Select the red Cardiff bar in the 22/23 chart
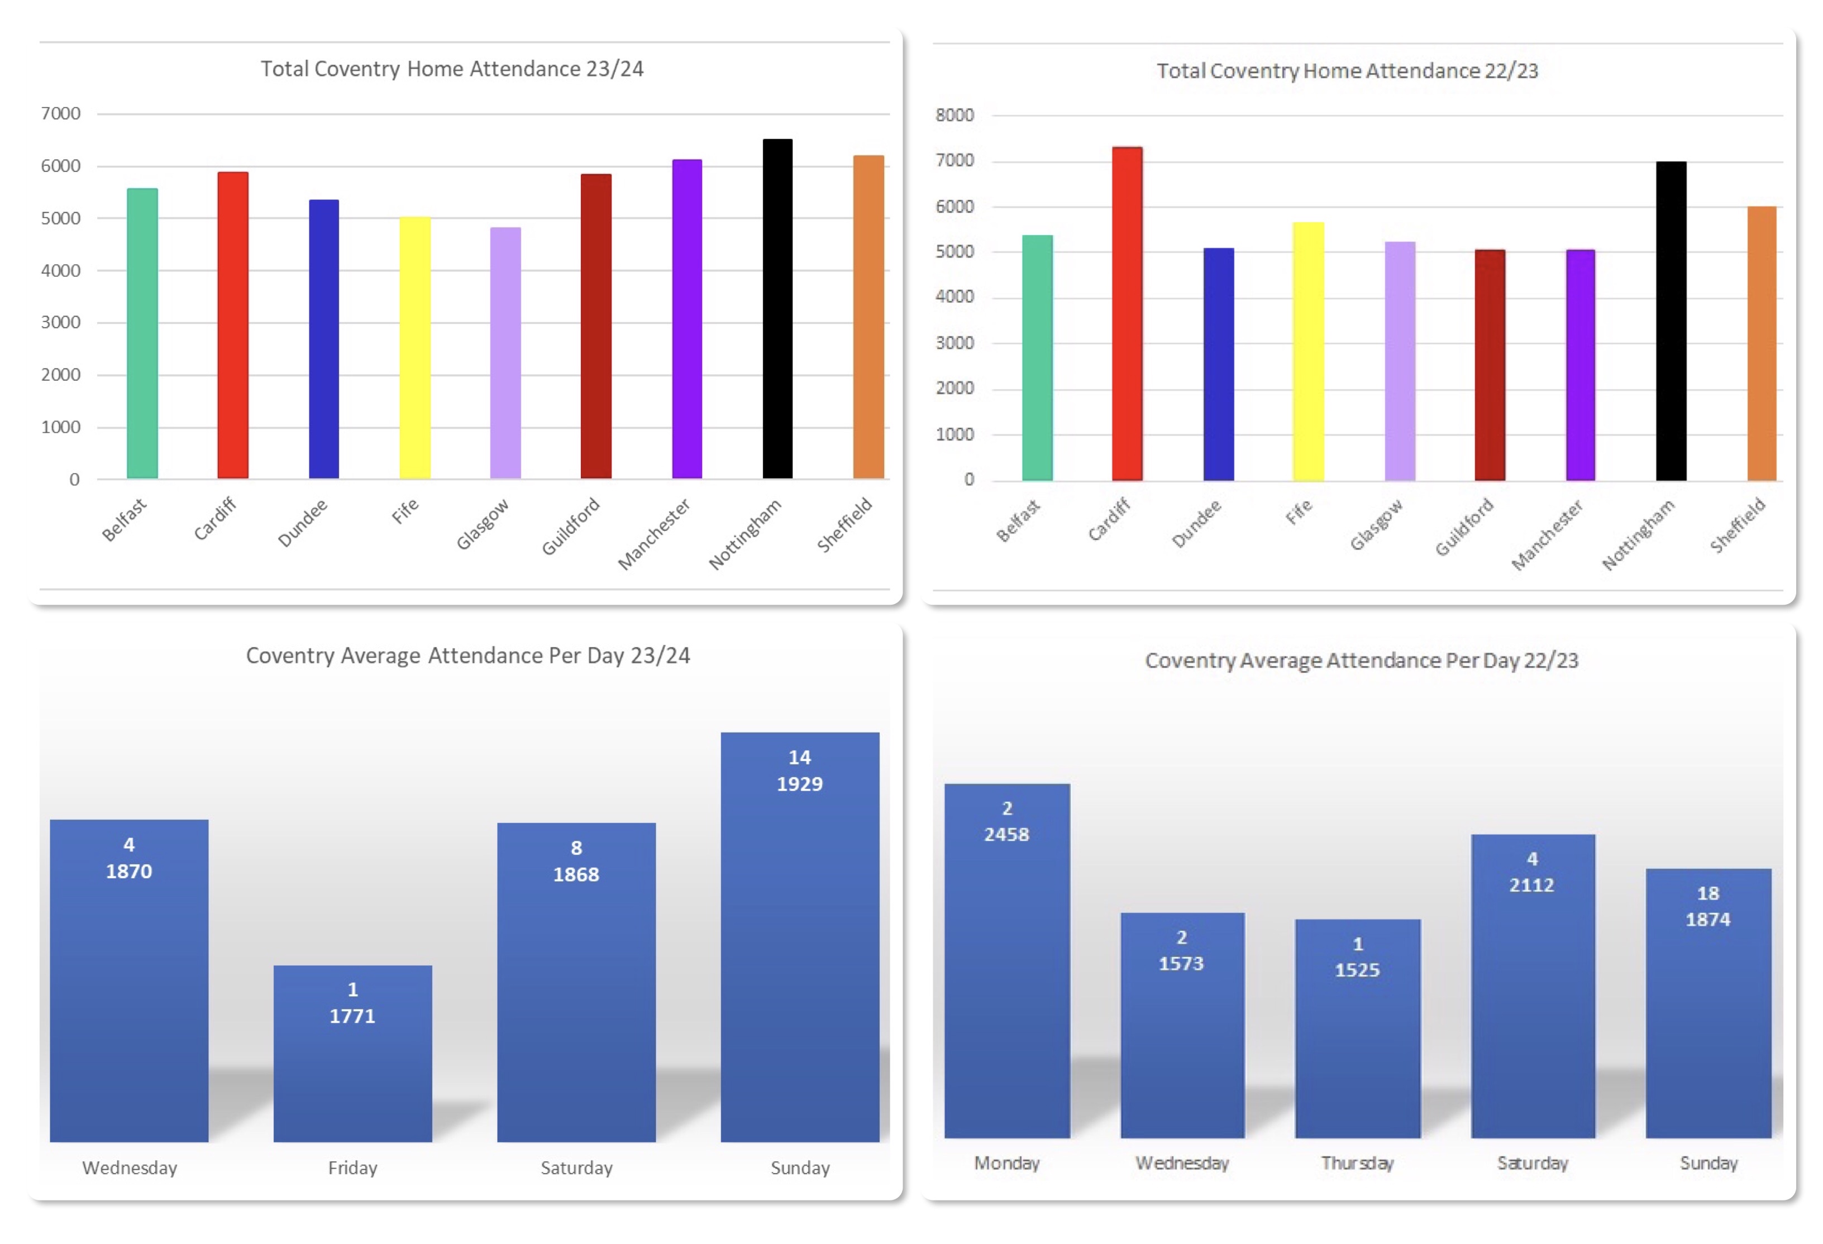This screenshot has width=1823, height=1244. (x=1127, y=314)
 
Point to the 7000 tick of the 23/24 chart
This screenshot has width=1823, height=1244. (x=60, y=114)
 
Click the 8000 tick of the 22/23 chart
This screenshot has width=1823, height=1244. (x=954, y=116)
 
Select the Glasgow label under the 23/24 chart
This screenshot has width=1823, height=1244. (x=483, y=524)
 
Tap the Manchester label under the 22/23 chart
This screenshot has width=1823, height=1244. (x=1547, y=535)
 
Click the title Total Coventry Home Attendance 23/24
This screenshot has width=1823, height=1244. (x=452, y=69)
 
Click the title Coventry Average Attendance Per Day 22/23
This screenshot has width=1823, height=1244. (x=1361, y=661)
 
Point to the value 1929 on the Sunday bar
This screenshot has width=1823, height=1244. (x=799, y=783)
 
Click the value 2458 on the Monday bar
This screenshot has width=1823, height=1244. (x=1006, y=835)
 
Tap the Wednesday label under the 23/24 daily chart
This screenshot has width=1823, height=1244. (x=130, y=1168)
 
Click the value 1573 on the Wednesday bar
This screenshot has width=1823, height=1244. (x=1181, y=963)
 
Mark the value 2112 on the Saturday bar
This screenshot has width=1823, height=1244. (x=1532, y=885)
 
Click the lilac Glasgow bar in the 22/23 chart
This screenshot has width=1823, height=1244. (x=1400, y=361)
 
